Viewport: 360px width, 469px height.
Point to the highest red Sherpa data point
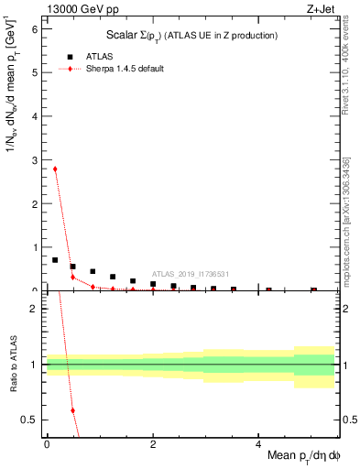55,169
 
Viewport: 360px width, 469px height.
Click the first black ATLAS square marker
55,260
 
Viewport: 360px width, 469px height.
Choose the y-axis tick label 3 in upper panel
34,159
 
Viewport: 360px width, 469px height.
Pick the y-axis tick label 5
34,72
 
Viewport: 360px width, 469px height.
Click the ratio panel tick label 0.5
29,420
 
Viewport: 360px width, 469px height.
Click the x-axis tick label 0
46,445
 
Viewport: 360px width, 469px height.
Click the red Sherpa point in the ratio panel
72,409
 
